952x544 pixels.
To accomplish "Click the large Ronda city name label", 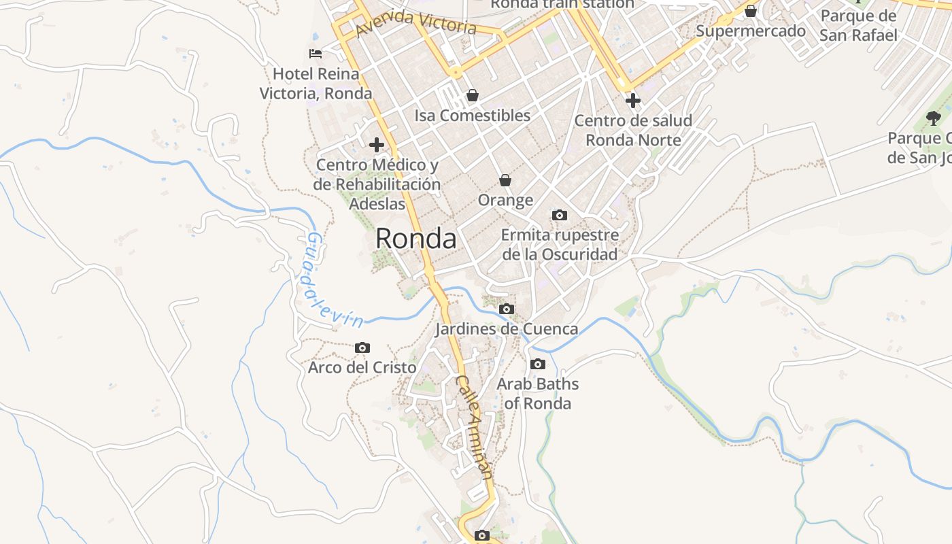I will click(415, 239).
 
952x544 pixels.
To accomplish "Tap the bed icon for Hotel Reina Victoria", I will click(315, 53).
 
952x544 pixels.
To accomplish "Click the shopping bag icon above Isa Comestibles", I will click(472, 95).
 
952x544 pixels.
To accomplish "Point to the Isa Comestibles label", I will click(472, 116).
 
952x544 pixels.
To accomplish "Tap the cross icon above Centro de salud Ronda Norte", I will click(633, 101).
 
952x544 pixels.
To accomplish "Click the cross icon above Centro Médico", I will click(377, 144).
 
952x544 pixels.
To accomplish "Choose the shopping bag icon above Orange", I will click(505, 180).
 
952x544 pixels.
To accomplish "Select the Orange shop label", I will click(505, 200).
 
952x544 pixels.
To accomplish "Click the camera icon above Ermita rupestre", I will click(560, 216).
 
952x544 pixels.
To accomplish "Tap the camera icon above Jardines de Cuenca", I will click(506, 309).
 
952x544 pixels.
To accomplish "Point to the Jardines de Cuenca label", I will click(506, 329).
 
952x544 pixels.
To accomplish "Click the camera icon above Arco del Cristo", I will click(362, 348).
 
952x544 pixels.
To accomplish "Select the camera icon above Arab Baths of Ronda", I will click(538, 364).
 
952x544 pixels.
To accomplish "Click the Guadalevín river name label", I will click(330, 280).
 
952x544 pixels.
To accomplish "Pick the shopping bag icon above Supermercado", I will click(751, 11).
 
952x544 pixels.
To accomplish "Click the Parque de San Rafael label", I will click(858, 26).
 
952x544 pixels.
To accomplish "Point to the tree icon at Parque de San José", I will click(934, 118).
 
